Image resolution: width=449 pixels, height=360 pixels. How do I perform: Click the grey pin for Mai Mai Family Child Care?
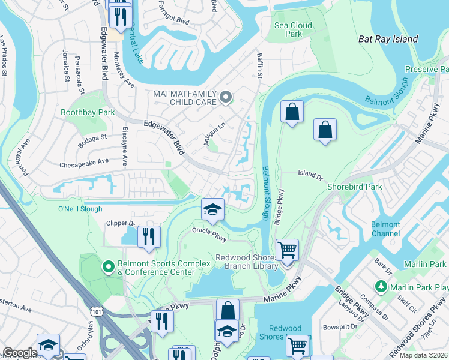coord(226,97)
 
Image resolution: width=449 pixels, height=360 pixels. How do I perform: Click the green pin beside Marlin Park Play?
coord(380,286)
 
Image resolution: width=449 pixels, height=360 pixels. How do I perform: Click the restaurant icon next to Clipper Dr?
coord(149,236)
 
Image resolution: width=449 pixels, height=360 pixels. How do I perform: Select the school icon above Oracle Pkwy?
coord(212,209)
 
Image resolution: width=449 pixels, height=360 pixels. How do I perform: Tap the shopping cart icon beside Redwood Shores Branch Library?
coord(288,249)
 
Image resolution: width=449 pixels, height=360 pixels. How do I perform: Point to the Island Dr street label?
coord(310,175)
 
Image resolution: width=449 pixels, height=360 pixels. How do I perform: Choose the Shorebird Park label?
coord(354,187)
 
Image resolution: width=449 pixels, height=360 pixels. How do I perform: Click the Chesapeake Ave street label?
coord(83,163)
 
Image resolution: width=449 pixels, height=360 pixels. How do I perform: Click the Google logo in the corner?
coord(19,353)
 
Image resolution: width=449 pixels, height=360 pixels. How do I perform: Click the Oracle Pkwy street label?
coord(209,233)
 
